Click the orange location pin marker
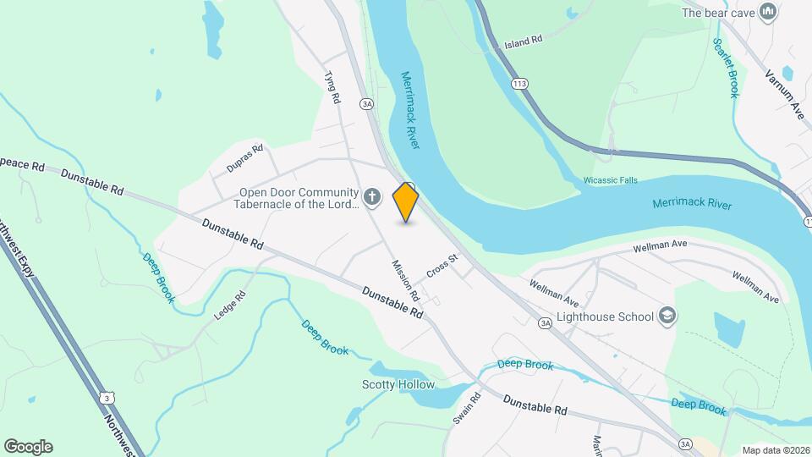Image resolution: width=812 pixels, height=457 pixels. click(406, 202)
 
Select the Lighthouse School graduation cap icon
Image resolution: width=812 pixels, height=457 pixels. click(667, 317)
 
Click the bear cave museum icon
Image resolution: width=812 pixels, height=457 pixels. click(768, 12)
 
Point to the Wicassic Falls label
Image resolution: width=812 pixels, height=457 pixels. click(611, 180)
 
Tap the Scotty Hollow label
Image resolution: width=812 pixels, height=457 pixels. click(398, 385)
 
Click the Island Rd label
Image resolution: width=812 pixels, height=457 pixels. click(523, 42)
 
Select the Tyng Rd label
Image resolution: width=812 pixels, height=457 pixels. click(332, 87)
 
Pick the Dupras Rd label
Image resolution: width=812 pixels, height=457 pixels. click(245, 159)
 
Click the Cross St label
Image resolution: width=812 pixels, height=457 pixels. click(442, 267)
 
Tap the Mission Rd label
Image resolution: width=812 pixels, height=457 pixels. click(405, 280)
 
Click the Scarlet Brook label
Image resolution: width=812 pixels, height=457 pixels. click(726, 68)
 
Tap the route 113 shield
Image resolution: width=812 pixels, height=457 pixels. click(519, 84)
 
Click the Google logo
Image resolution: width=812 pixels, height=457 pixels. click(28, 447)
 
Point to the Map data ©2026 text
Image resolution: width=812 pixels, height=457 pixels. click(775, 450)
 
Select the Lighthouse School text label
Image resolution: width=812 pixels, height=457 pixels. click(606, 317)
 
